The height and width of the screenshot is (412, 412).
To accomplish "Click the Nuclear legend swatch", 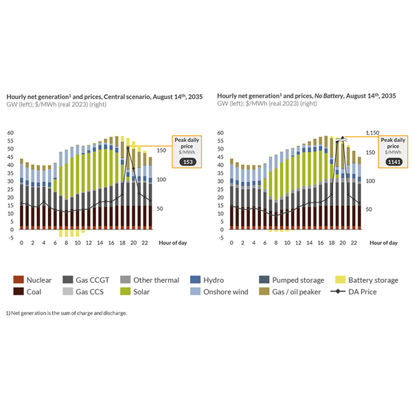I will (x=19, y=279).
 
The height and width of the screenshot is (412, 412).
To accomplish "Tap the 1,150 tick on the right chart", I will (x=371, y=133).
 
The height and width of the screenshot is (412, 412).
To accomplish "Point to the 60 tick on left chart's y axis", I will (x=10, y=133).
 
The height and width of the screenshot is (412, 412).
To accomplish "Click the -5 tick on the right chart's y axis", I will (x=220, y=238).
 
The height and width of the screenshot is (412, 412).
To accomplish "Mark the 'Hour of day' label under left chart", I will (x=174, y=243).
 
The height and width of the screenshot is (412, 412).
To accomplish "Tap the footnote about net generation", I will (x=67, y=313).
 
